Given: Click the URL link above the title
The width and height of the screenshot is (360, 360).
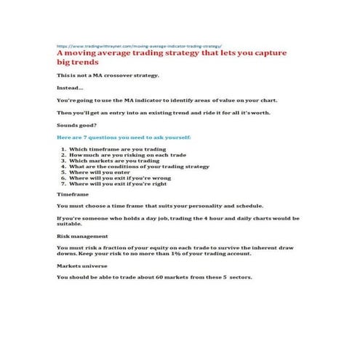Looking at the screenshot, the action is pos(139,44).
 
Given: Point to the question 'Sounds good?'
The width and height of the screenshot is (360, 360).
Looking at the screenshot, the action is pos(76,125).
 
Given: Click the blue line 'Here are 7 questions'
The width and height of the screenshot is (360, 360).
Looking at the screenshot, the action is pos(124,137).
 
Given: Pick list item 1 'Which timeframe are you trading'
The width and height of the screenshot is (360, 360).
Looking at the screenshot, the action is pos(118,149).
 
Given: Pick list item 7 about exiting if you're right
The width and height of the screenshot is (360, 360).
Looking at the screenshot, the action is pos(123,184).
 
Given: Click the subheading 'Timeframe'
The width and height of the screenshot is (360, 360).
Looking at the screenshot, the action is pos(72,195).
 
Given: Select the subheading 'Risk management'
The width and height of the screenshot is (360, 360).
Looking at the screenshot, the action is pos(81,236).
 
